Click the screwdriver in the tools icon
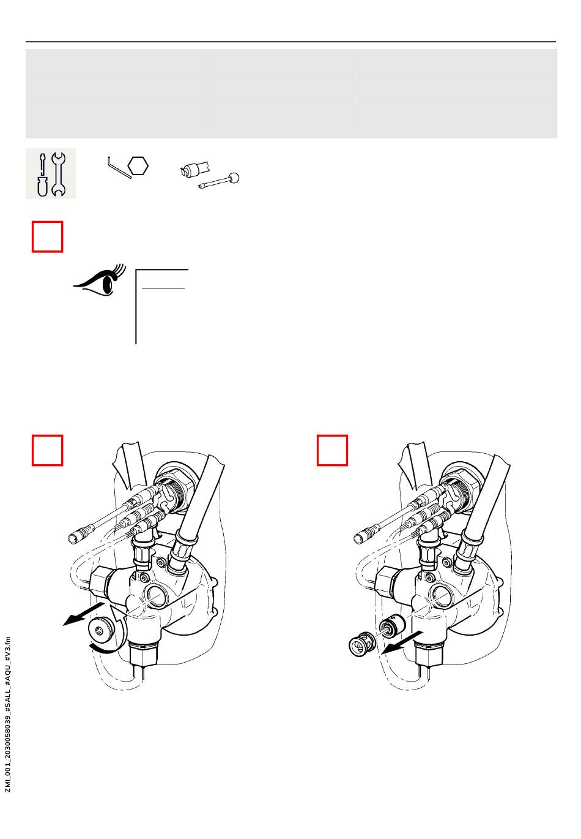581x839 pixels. (42, 174)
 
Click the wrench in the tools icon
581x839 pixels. (59, 174)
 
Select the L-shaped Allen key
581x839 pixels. (119, 168)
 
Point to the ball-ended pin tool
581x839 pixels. (220, 181)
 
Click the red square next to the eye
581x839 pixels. (48, 236)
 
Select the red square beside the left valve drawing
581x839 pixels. (48, 450)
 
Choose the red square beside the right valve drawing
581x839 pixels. (333, 450)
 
